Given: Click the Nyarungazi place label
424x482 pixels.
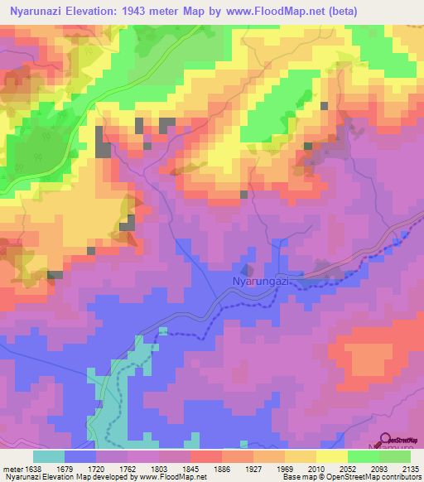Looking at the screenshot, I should pos(260,282).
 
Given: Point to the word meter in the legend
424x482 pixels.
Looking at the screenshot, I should pos(11,470).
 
